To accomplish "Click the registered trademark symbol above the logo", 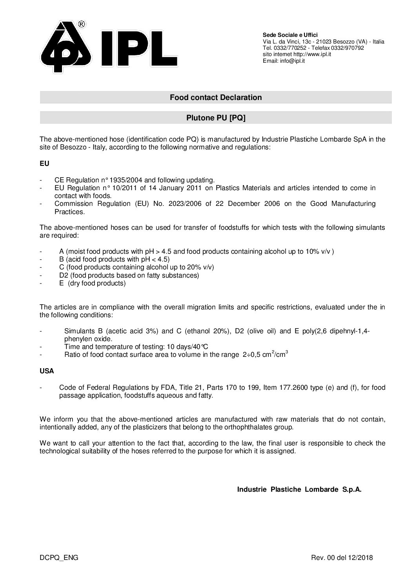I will tap(82, 24).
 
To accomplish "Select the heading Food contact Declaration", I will tap(215, 97).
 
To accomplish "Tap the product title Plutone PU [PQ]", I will tap(215, 118).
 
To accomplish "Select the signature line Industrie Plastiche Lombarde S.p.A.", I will tap(299, 489).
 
